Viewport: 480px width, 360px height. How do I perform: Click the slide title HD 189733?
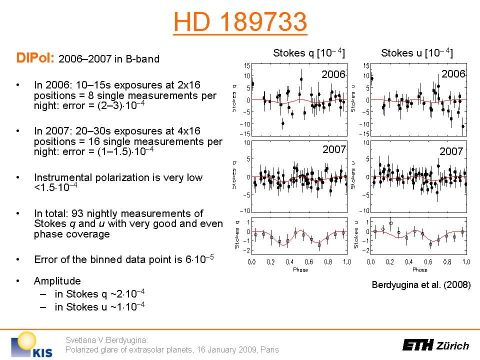tap(239, 22)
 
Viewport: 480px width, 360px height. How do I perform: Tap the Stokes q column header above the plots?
tap(309, 53)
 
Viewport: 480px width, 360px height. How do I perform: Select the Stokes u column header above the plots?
tap(417, 53)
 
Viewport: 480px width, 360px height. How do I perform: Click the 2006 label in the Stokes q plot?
tap(333, 74)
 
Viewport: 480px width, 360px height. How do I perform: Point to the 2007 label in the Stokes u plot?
tap(452, 150)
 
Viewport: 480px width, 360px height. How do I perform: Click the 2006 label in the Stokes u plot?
tap(453, 74)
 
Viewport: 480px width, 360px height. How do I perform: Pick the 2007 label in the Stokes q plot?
tap(334, 149)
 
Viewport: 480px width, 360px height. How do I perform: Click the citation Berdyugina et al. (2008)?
tap(421, 285)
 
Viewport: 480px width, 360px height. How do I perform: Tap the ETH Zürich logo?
tap(436, 345)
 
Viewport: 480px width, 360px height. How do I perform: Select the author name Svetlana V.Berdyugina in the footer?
tap(100, 340)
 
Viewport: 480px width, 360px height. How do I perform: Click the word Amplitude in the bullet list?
tap(57, 281)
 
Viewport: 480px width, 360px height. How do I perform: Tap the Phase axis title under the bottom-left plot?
tap(300, 270)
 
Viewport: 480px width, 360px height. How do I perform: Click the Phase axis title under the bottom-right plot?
tap(419, 270)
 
